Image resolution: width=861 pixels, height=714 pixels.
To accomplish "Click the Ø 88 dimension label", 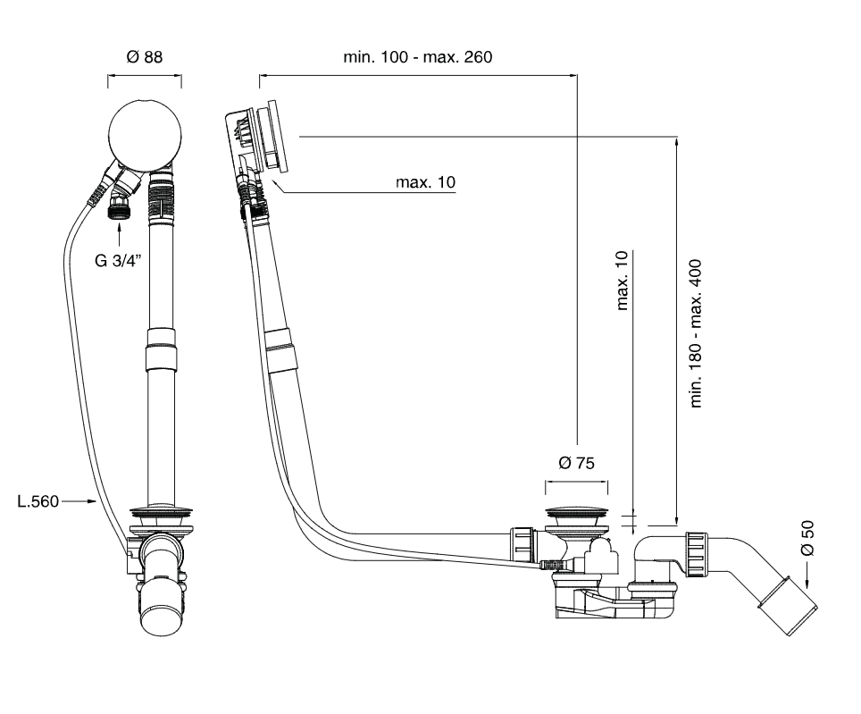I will pyautogui.click(x=144, y=56).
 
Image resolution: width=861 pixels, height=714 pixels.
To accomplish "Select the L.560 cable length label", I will pyautogui.click(x=38, y=501).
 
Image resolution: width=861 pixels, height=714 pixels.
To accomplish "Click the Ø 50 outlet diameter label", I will pyautogui.click(x=808, y=538).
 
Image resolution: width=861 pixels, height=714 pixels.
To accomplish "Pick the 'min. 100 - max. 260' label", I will pyautogui.click(x=418, y=56).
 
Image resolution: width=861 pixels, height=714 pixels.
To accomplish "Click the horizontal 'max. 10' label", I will pyautogui.click(x=426, y=182).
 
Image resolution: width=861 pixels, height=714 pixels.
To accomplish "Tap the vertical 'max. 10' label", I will pyautogui.click(x=623, y=281).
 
